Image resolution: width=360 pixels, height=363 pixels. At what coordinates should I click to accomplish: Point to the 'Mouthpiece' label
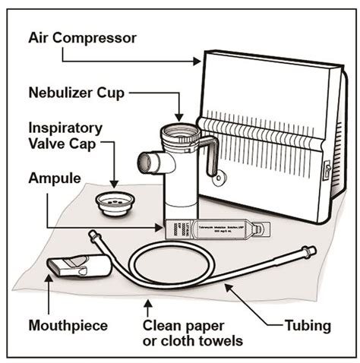(x=67, y=326)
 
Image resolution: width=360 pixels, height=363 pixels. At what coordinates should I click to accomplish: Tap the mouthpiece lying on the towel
(x=77, y=267)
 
